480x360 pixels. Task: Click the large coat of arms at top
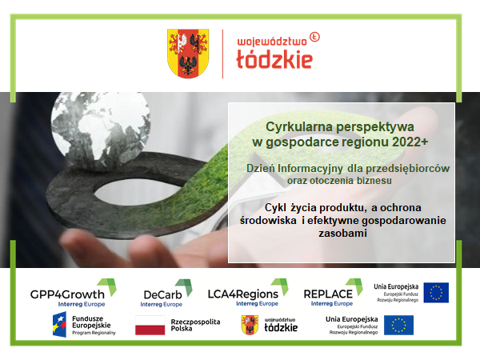188,54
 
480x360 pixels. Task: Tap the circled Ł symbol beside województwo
314,37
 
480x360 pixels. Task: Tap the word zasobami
342,234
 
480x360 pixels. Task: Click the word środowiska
268,221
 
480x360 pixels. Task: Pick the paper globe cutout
101,126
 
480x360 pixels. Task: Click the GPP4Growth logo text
67,294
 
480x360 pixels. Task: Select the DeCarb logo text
162,294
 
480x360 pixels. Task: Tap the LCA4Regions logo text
242,294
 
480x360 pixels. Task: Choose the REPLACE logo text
328,294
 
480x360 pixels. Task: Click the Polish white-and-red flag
150,325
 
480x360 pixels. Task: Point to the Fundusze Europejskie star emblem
60,325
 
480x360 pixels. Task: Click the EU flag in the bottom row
398,325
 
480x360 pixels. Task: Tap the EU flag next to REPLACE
436,293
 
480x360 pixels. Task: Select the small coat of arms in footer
250,325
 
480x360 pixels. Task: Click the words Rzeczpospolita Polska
195,325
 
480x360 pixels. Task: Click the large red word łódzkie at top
274,59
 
